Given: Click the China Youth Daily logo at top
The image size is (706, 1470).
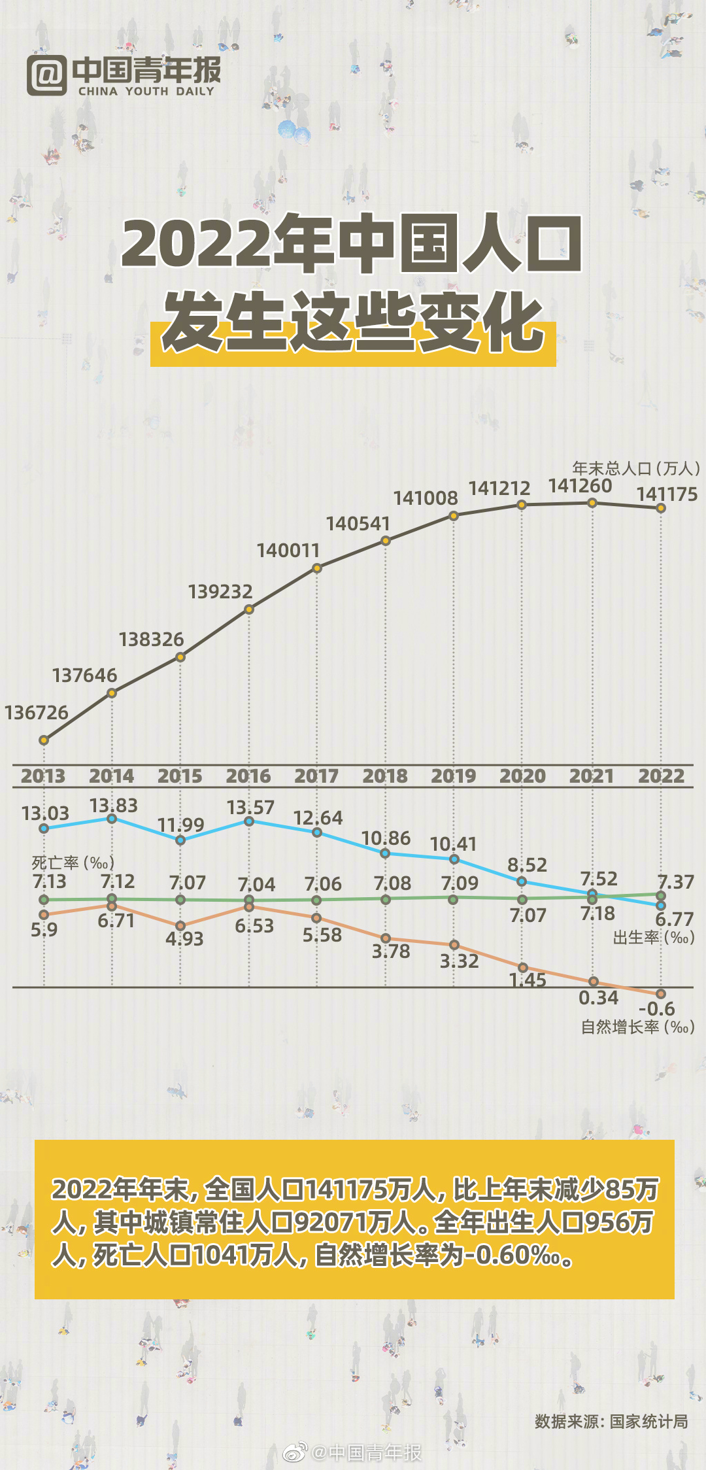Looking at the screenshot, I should (x=124, y=76).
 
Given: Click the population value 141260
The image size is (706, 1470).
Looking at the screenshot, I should (x=580, y=486).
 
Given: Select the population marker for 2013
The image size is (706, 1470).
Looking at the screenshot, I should (x=44, y=740).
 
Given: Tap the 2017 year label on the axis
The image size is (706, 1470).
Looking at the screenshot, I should (x=316, y=776).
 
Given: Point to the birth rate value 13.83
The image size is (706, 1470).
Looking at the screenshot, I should (x=114, y=805).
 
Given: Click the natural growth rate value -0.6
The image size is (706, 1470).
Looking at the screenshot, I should (x=656, y=1008).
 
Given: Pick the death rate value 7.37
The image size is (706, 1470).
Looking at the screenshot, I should (x=675, y=881).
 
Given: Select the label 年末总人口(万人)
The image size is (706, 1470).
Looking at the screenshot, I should (x=636, y=468).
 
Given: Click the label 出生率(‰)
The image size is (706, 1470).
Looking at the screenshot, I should (x=653, y=938).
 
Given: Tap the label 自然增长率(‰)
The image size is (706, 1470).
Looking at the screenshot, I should (x=637, y=1027).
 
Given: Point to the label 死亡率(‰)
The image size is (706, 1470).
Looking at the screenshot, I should (x=73, y=863).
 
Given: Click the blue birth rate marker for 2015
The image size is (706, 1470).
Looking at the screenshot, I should (x=181, y=840).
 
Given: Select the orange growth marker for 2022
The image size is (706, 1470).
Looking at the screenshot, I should (x=661, y=994).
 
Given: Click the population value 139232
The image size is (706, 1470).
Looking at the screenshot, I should (x=220, y=592).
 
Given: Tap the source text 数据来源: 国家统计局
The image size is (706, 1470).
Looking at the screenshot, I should (x=611, y=1421).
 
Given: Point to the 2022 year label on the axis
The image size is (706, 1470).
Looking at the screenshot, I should (x=661, y=776).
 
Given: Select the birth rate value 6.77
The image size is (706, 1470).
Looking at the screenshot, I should (x=674, y=919).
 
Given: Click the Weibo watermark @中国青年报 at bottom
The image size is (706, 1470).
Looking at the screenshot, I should (x=353, y=1452).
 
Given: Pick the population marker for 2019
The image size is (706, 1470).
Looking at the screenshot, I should (x=454, y=516).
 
